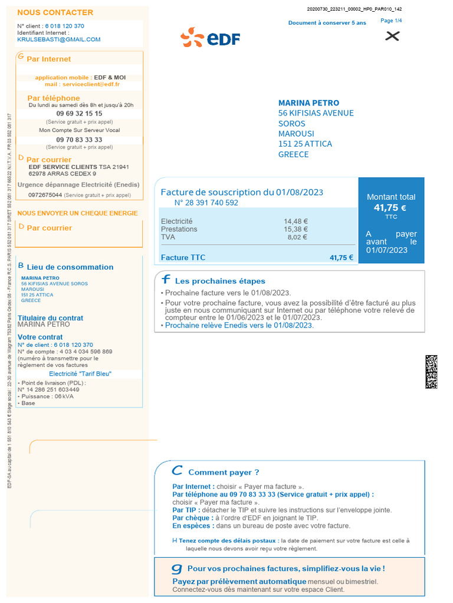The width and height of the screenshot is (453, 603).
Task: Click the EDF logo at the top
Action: coord(211,38)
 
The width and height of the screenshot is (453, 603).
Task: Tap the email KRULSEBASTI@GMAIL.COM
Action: coord(59,39)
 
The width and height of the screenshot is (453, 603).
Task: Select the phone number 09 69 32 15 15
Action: coord(79,114)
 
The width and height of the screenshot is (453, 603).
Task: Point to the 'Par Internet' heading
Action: coord(49,59)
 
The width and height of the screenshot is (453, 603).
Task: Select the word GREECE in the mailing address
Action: coord(293,154)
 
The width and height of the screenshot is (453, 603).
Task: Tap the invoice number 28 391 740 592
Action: coord(206,203)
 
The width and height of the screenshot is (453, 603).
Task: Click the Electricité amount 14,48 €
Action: coord(296,221)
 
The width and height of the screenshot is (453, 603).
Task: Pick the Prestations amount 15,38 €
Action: coord(296,229)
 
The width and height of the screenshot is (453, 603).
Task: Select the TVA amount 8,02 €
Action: coord(297,237)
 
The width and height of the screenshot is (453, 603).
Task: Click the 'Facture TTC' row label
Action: coord(183,257)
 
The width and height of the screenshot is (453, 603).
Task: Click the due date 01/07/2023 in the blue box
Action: coord(387,250)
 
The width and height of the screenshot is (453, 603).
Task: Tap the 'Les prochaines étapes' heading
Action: coord(220,281)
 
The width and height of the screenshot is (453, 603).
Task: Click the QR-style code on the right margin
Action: coord(431,372)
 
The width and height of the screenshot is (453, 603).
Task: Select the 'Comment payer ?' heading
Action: coord(224,472)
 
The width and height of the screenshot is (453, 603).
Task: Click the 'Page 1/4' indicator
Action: coord(391,21)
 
